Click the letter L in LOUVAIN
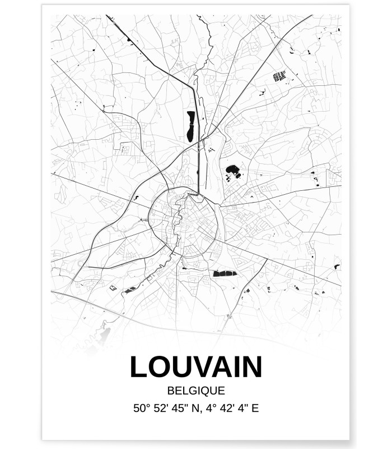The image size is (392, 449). [139, 367]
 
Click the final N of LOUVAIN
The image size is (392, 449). [253, 367]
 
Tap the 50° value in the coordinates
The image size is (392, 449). [141, 408]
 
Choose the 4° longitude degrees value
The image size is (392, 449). [208, 408]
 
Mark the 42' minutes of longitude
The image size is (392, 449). [222, 408]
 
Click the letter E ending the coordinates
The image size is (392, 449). [254, 408]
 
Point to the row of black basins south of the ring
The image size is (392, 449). [225, 273]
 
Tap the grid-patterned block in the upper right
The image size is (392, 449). [279, 76]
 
